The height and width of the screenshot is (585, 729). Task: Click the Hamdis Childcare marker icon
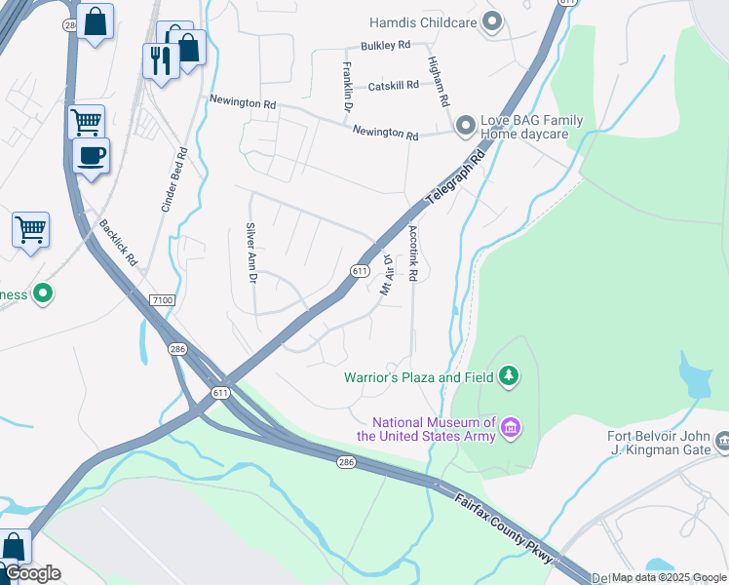[492, 20]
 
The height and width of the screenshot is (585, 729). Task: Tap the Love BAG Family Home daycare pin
[465, 126]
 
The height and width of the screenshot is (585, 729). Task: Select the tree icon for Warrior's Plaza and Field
[507, 375]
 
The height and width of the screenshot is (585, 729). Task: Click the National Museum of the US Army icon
[509, 427]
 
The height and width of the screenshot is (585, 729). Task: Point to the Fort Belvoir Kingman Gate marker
[721, 443]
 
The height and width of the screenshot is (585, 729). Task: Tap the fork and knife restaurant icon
[158, 59]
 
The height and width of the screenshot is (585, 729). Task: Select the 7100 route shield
[163, 300]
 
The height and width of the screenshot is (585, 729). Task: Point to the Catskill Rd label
[393, 86]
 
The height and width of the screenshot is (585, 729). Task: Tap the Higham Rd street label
[438, 80]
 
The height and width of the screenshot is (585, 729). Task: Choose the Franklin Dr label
[346, 86]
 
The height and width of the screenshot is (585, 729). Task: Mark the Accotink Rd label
[413, 254]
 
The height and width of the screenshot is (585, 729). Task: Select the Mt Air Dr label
[385, 275]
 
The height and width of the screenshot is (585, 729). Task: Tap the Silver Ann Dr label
[250, 252]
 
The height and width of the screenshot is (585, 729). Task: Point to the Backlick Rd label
[118, 243]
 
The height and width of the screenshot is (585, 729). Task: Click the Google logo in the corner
[32, 573]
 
